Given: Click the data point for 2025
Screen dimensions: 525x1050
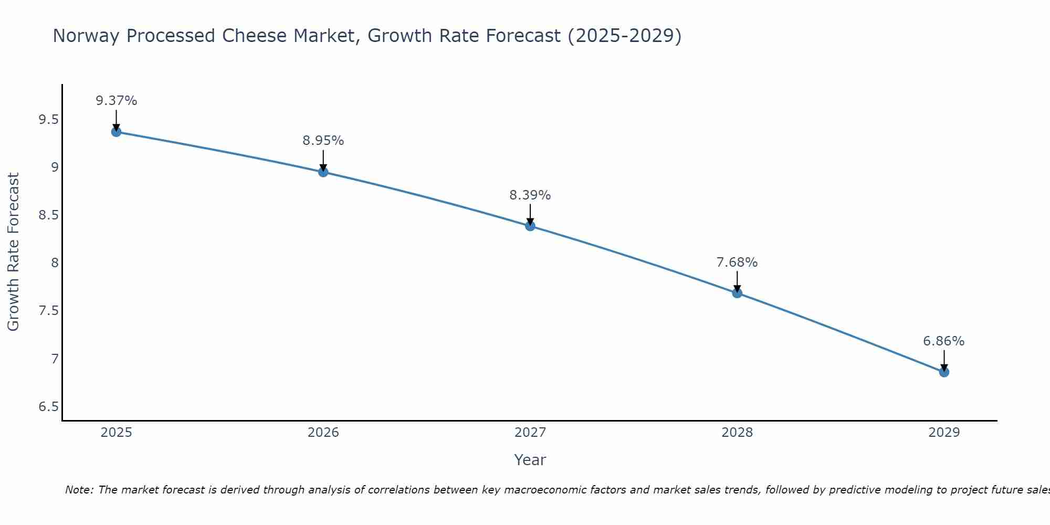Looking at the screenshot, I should coord(116,132).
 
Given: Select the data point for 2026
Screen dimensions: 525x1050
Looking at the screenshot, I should coord(323,172).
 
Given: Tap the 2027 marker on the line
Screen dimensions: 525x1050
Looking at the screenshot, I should coord(530,226).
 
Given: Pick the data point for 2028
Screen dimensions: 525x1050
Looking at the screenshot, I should coord(737,293).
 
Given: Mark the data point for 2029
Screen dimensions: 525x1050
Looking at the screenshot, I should coord(944,372).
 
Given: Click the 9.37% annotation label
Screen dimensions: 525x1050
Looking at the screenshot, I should coord(116,101).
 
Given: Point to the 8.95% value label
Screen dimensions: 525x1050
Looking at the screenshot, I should coord(323,141).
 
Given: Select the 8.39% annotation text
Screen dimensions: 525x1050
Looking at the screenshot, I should coord(530,195).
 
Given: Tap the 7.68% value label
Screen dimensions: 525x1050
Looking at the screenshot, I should coord(737,262).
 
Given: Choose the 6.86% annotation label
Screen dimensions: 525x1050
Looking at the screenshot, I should coord(944,341).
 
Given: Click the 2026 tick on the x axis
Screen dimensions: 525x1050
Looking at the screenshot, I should coord(323,433).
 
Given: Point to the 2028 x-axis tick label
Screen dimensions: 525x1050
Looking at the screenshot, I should coord(737,433).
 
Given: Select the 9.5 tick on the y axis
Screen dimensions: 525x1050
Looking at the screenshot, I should coord(48,120).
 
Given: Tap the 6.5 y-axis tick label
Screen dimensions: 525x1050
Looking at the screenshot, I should coord(48,407).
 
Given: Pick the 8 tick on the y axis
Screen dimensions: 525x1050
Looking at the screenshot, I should coord(55,263).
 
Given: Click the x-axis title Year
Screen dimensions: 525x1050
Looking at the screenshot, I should coord(530,460).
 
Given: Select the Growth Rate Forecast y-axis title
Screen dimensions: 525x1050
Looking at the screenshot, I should coord(13,252).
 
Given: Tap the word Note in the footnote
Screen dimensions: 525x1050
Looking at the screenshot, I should coord(79,490).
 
